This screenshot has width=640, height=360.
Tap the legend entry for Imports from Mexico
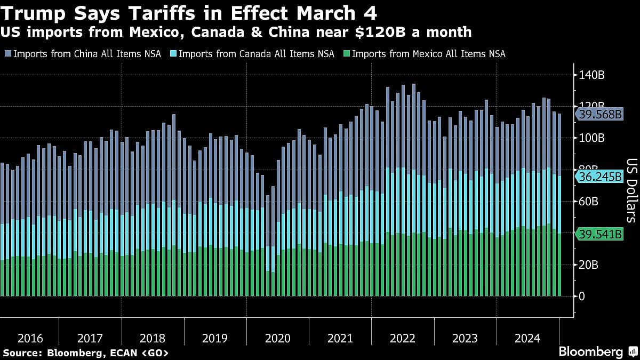(423, 54)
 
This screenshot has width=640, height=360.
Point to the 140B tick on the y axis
(592, 75)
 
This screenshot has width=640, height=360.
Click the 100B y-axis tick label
(592, 138)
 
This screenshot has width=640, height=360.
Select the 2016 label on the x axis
(30, 338)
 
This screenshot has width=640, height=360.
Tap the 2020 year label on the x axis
(278, 338)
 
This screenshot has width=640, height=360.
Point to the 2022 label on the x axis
(402, 338)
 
